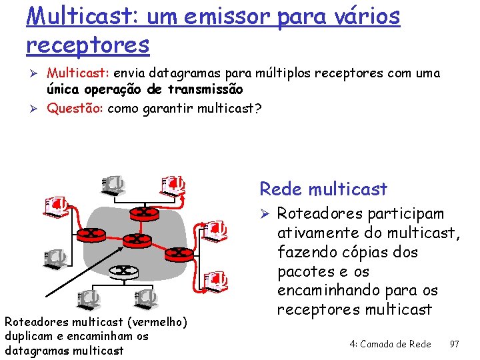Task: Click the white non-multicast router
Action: point(123,271)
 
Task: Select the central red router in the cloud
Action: point(135,239)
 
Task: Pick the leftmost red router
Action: point(88,234)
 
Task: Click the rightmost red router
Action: point(178,253)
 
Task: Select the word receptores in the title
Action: point(87,45)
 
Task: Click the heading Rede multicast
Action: point(323,189)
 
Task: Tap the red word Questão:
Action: point(75,109)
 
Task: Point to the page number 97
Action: point(454,343)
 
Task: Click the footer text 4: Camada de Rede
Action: point(390,343)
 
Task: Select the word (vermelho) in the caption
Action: point(153,323)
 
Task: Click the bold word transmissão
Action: point(205,89)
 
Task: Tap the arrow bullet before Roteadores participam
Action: point(264,214)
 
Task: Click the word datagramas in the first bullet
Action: point(180,73)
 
